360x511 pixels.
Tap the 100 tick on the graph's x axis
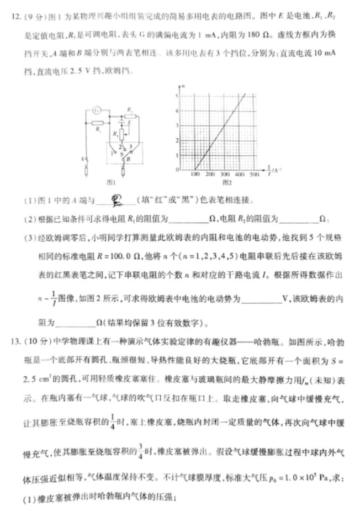[x=195, y=174]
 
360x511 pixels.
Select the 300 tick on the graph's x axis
[x=225, y=174]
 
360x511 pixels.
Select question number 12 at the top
[x=15, y=16]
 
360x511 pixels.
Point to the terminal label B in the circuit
[x=129, y=160]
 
